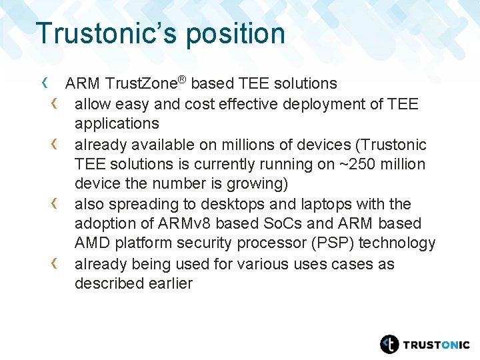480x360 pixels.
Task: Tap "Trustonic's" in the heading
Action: [107, 34]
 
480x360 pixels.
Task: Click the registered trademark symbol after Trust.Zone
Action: [181, 80]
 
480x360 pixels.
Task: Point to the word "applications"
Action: [117, 124]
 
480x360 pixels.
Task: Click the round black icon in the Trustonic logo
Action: [389, 344]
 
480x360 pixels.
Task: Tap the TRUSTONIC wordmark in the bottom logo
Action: [436, 345]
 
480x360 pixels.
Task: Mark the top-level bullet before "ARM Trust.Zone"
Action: [45, 83]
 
